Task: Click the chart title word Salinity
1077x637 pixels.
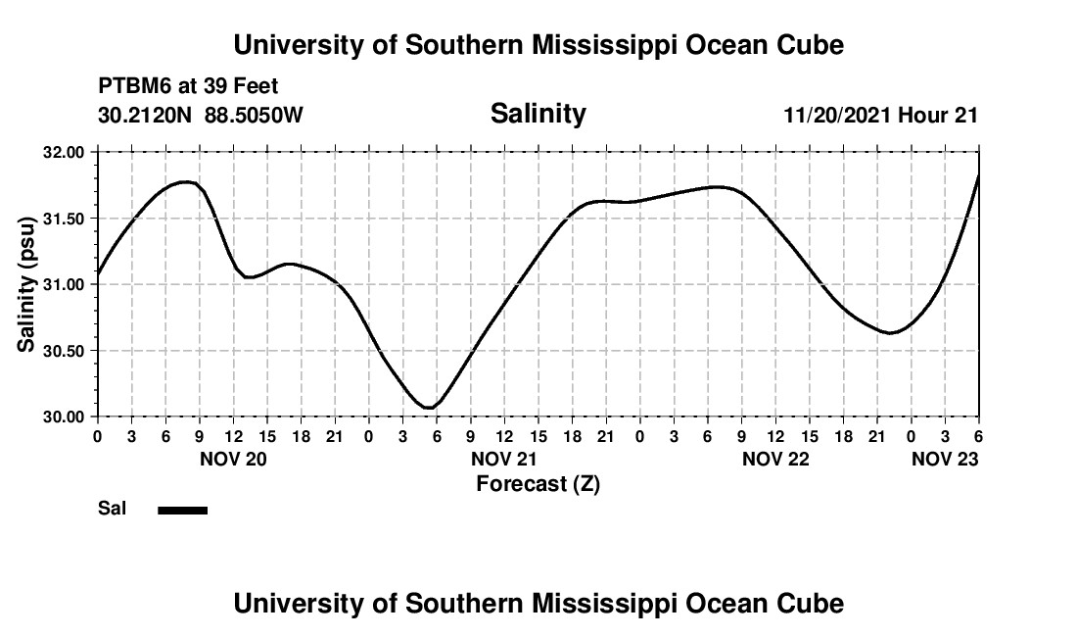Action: tap(538, 114)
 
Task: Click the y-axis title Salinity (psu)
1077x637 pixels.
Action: tap(26, 284)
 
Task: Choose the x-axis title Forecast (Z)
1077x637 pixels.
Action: tap(538, 484)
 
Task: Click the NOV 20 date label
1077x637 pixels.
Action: tap(233, 459)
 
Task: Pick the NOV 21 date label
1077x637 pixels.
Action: tap(504, 459)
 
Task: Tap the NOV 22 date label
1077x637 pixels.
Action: tap(775, 459)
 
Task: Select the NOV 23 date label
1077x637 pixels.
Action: tap(945, 459)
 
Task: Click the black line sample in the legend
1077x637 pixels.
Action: tap(182, 510)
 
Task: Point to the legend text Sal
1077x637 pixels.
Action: tap(111, 509)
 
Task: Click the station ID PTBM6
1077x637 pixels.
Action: tap(133, 87)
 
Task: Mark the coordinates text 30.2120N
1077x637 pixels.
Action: tap(146, 116)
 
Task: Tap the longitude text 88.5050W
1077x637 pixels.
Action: tap(254, 116)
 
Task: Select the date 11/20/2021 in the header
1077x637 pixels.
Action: tap(838, 116)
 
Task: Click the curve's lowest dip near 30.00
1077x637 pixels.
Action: tap(428, 407)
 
